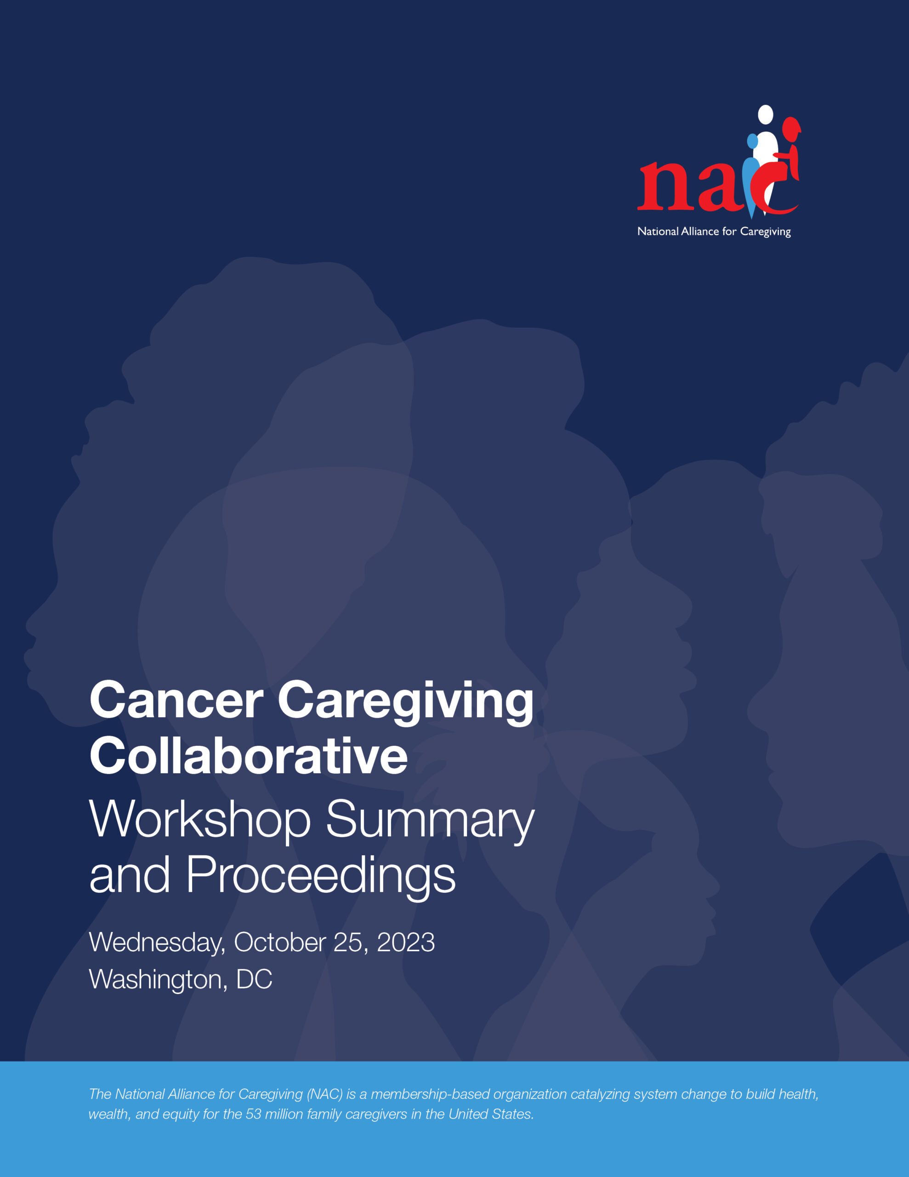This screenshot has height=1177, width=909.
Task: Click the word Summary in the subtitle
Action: (x=430, y=820)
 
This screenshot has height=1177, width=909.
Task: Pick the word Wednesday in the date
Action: (x=157, y=943)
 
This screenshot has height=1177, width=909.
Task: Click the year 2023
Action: (x=405, y=943)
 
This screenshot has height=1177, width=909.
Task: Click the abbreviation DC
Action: (x=254, y=979)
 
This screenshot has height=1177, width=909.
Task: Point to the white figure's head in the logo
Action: (x=765, y=114)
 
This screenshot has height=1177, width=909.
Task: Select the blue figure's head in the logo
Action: (x=752, y=141)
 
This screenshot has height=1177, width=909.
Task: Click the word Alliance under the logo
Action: (x=700, y=231)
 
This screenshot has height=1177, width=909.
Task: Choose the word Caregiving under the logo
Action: (x=765, y=232)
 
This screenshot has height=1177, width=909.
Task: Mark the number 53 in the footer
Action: (x=253, y=1114)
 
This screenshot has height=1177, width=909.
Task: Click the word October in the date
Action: (x=280, y=943)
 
